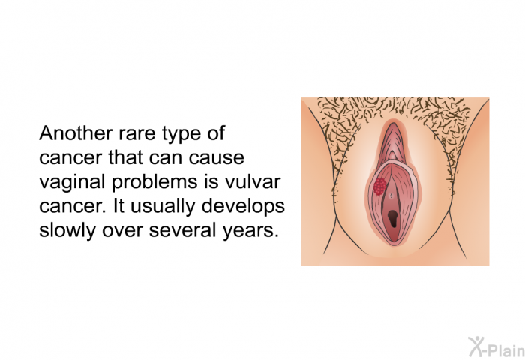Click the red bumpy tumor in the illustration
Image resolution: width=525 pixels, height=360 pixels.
click(x=380, y=185)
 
